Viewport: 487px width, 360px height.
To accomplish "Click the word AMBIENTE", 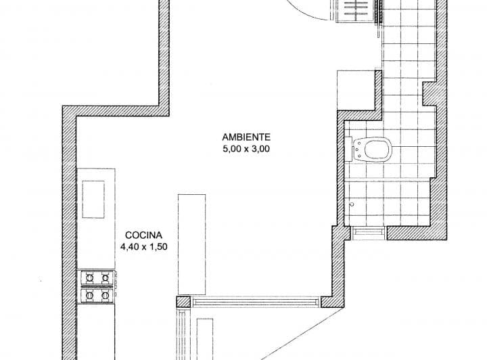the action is tap(246, 137).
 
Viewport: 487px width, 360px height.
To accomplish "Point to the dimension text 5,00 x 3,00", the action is tap(246, 149).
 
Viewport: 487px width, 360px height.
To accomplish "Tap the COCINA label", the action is tap(143, 235).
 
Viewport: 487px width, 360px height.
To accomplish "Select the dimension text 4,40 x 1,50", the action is tap(144, 247).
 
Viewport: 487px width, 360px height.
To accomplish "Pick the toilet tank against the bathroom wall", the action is tap(348, 149).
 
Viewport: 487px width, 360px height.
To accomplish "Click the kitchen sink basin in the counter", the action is tap(93, 199).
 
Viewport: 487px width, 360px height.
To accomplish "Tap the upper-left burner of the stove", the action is tap(89, 277).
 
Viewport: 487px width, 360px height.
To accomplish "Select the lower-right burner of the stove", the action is tap(106, 294).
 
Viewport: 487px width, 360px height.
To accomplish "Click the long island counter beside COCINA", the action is tap(191, 244).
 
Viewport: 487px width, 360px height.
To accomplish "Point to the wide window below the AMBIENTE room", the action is tap(255, 302).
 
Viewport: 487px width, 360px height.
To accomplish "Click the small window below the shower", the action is tap(369, 233).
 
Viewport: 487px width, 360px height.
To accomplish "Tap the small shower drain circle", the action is tap(352, 204).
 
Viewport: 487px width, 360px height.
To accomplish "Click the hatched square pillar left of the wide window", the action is tap(183, 302).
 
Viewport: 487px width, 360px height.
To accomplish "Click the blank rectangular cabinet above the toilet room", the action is tap(356, 91).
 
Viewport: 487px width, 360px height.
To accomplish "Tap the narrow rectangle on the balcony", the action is tap(205, 339).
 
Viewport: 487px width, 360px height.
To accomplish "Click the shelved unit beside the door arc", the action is tap(356, 11).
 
